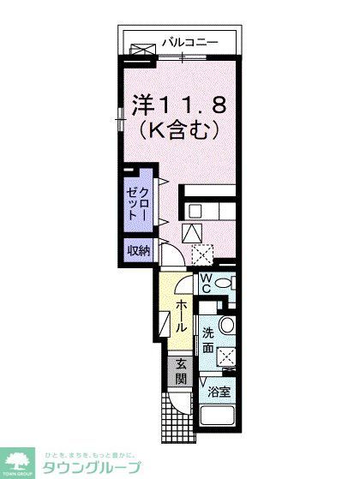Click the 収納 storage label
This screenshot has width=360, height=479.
coord(139,251)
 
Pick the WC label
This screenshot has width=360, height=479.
coord(207,283)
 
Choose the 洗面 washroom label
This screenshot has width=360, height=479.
coord(208,340)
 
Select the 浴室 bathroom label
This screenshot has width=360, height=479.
coord(219,393)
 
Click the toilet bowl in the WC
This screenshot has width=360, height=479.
coord(224,284)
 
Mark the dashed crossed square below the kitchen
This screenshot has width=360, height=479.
coord(203,254)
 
